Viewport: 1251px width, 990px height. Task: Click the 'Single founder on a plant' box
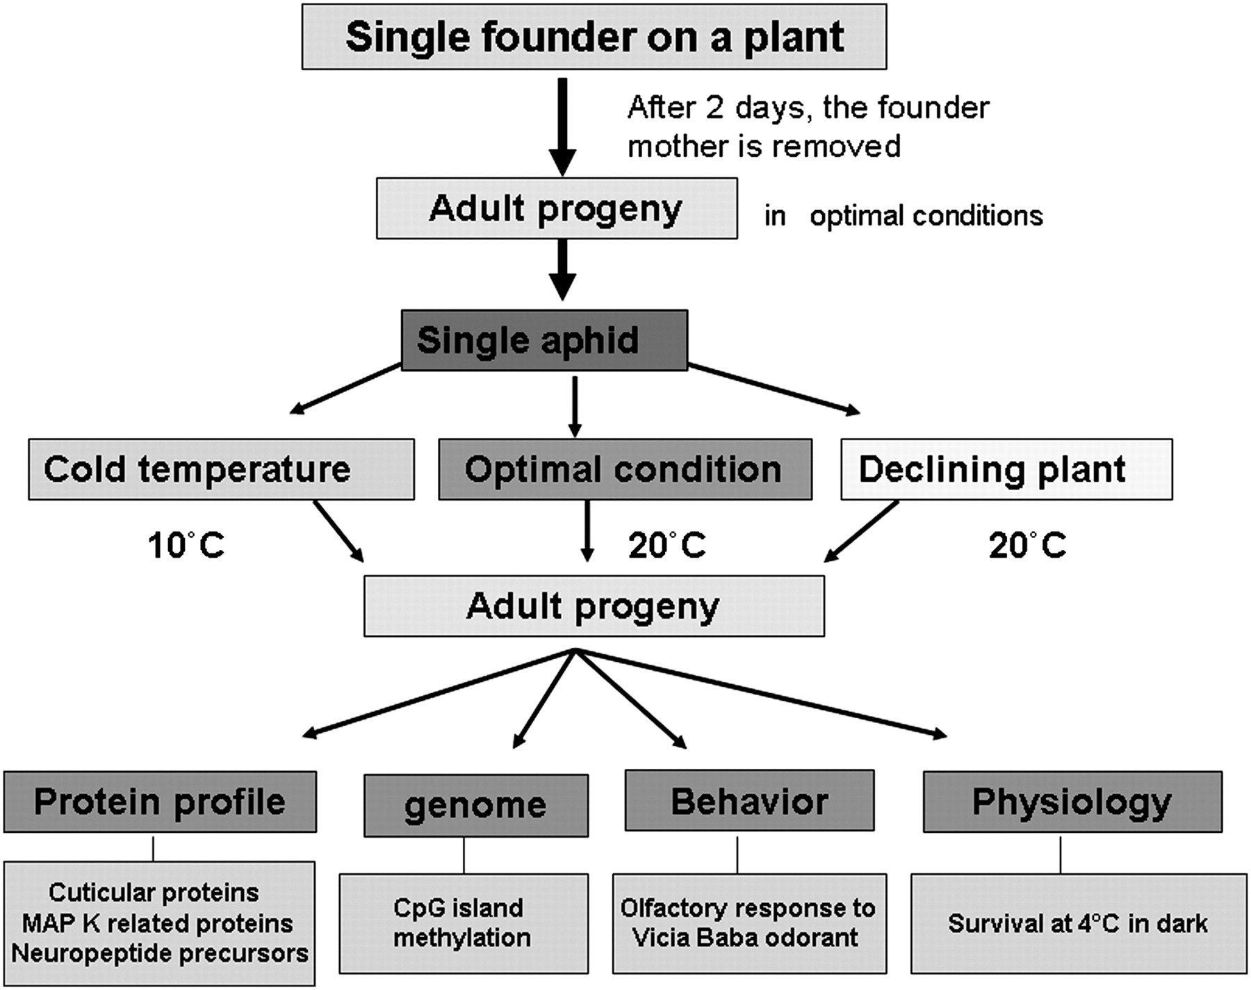[x=594, y=37]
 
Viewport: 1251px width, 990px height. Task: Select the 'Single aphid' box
[x=544, y=341]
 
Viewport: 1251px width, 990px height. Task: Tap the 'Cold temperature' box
[x=221, y=469]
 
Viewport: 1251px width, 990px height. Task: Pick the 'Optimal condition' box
[x=625, y=469]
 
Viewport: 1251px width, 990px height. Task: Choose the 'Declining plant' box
[x=1006, y=469]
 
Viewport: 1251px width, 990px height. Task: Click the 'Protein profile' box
[x=160, y=802]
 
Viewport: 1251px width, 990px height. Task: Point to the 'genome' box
[x=476, y=805]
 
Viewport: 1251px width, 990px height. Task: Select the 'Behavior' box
[x=749, y=801]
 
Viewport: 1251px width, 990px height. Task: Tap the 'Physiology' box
[x=1072, y=802]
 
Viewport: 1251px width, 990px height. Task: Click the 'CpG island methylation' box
[x=463, y=923]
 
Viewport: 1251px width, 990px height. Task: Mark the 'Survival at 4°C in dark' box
[x=1078, y=923]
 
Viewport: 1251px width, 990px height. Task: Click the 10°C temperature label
[x=186, y=545]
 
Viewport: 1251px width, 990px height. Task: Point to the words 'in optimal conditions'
[x=903, y=216]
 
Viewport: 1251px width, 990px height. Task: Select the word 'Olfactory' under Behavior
[x=669, y=909]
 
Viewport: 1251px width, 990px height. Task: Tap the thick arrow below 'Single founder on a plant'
[x=563, y=125]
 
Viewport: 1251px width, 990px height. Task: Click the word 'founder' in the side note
[x=933, y=108]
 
